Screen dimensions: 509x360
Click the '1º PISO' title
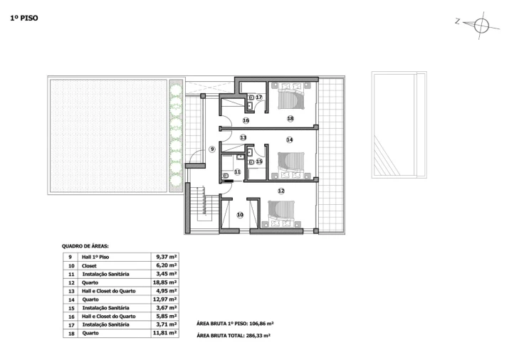click(x=24, y=18)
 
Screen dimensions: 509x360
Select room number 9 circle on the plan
click(x=212, y=149)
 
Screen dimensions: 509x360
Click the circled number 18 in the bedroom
click(x=290, y=119)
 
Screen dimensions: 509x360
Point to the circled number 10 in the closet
click(x=240, y=215)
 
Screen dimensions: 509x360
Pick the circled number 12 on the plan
click(x=281, y=191)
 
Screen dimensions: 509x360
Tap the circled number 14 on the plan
click(x=290, y=139)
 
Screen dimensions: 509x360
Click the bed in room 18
click(x=291, y=95)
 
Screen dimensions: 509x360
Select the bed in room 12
click(x=281, y=213)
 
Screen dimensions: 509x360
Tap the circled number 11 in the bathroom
click(x=237, y=171)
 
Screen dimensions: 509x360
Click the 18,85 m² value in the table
click(x=164, y=282)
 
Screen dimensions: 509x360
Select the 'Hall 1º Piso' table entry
click(x=95, y=257)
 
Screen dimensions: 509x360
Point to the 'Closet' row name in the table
click(x=89, y=266)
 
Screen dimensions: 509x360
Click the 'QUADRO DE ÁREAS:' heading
click(x=85, y=246)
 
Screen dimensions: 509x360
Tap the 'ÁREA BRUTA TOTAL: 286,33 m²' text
click(x=233, y=336)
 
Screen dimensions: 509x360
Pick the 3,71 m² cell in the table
click(x=166, y=324)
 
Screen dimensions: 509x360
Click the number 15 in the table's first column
click(x=71, y=308)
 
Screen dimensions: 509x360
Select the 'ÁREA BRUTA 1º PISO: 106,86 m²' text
click(x=235, y=323)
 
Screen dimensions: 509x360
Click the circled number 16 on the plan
click(x=246, y=121)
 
